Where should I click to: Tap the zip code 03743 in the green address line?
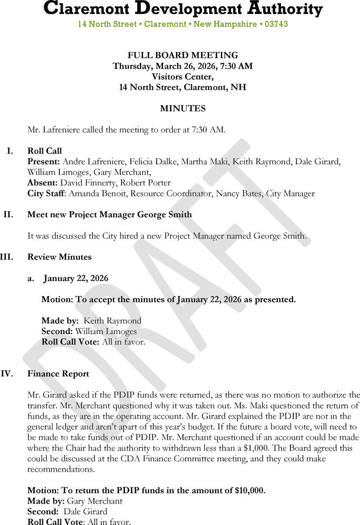[x=276, y=24]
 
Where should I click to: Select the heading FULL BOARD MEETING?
[x=182, y=55]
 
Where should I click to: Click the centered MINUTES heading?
[x=182, y=108]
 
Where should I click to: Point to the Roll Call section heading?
[x=45, y=151]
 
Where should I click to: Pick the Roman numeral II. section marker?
[x=8, y=214]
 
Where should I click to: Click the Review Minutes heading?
[x=59, y=257]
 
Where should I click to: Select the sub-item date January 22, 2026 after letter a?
[x=76, y=279]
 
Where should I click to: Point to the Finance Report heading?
[x=58, y=374]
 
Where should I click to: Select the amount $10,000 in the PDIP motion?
[x=250, y=490]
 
